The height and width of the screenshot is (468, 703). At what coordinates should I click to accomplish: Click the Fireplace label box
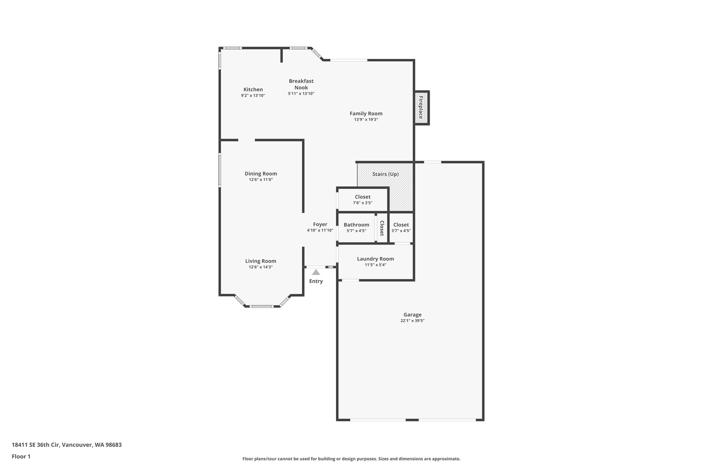(x=421, y=108)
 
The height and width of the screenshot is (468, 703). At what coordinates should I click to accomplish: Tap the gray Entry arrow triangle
(x=316, y=273)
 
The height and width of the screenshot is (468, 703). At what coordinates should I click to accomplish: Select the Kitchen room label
(x=253, y=89)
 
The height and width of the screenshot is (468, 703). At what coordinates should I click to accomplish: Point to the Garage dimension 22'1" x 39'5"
(x=412, y=321)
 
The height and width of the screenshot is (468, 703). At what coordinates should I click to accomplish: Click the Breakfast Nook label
(x=301, y=84)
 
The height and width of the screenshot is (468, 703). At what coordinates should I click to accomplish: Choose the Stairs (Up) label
(x=385, y=174)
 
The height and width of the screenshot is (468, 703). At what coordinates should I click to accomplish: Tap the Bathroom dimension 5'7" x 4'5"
(x=356, y=231)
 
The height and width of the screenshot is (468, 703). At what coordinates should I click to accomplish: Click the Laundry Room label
(x=375, y=259)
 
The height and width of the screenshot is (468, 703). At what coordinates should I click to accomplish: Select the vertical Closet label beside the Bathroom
(x=382, y=228)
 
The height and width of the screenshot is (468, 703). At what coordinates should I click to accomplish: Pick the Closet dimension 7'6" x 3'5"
(x=362, y=203)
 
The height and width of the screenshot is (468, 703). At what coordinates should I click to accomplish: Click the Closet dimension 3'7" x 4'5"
(x=401, y=231)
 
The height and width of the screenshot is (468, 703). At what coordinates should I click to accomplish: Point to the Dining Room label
(x=261, y=173)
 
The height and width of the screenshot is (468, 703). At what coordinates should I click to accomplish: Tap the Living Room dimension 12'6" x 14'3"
(x=261, y=267)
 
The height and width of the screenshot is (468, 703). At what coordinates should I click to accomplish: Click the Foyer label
(x=320, y=225)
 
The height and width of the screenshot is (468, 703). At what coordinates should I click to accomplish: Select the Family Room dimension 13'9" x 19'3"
(x=366, y=120)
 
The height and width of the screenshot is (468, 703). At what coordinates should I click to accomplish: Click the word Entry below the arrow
(x=316, y=281)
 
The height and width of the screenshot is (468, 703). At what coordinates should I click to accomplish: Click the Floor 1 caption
(x=21, y=456)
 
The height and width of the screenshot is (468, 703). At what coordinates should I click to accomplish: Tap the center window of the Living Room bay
(x=262, y=306)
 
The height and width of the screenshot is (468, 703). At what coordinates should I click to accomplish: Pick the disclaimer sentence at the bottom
(x=351, y=459)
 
